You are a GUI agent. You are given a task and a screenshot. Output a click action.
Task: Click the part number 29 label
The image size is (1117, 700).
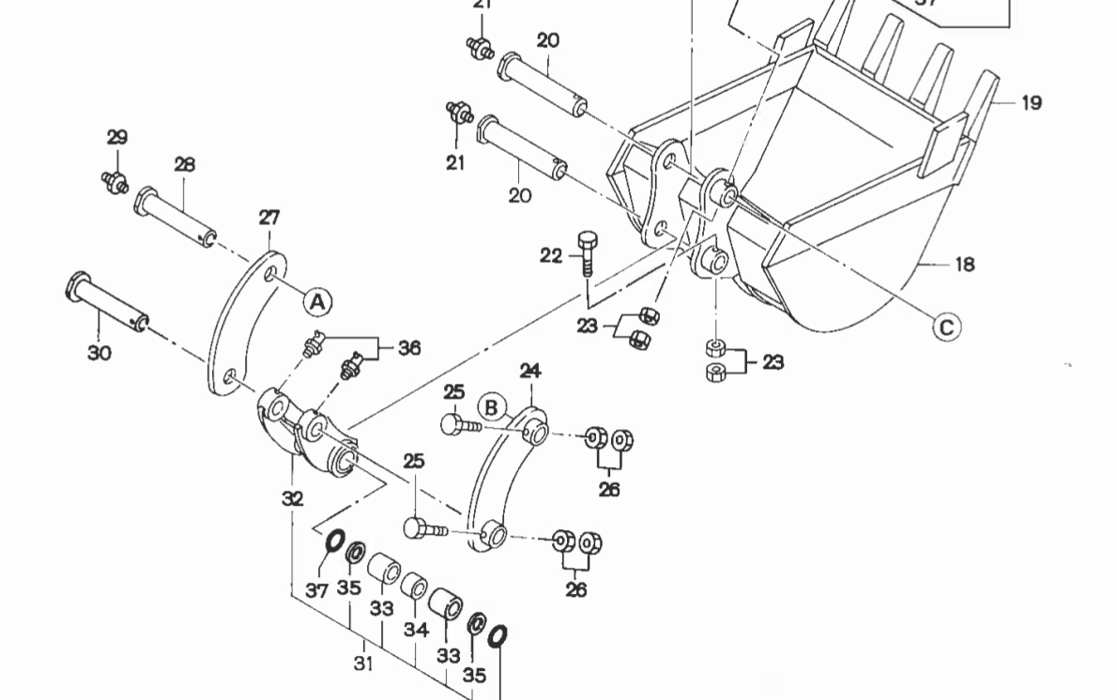click(x=116, y=137)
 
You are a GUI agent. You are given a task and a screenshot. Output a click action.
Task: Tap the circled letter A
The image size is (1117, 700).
click(x=317, y=300)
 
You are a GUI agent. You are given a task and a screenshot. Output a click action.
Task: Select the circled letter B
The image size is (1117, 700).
click(x=492, y=406)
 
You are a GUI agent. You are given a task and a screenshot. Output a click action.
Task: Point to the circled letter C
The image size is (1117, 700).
click(x=946, y=327)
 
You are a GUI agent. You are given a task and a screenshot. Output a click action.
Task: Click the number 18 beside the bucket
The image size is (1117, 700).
click(x=965, y=265)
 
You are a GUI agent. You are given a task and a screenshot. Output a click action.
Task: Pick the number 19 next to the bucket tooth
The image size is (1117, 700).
click(x=1031, y=102)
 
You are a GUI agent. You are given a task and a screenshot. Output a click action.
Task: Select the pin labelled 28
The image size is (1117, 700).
click(x=176, y=217)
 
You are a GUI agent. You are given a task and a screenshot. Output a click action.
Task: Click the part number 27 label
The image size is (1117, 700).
click(x=269, y=219)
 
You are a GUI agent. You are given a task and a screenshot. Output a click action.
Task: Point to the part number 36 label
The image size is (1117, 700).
click(x=408, y=348)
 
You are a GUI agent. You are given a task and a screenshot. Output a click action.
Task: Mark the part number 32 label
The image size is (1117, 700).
click(x=293, y=498)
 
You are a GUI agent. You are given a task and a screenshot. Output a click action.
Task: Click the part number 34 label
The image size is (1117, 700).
click(x=417, y=629)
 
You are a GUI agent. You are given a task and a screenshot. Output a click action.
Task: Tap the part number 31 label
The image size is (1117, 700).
click(x=363, y=663)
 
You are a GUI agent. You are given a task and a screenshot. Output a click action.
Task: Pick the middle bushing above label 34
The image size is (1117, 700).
click(x=415, y=587)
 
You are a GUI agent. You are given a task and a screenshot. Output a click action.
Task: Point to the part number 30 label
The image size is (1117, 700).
click(x=99, y=353)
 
